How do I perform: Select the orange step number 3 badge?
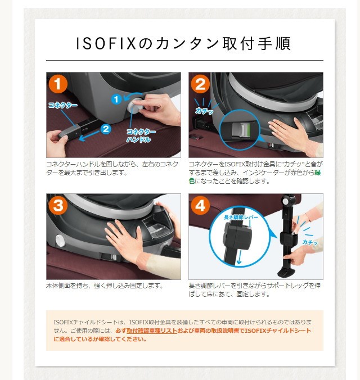[x=58, y=206]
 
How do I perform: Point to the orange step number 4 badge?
[x=200, y=206]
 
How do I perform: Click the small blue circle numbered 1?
[x=116, y=99]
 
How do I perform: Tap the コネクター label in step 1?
[x=60, y=105]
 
